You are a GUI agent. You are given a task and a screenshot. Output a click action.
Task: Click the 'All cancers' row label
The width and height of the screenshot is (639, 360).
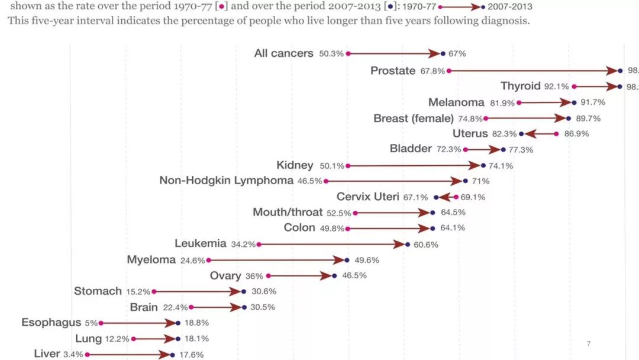click(283, 53)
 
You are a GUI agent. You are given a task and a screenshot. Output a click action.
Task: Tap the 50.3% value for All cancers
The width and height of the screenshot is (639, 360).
click(331, 54)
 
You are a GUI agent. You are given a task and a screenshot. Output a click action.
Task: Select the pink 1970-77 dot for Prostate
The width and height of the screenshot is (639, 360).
click(449, 70)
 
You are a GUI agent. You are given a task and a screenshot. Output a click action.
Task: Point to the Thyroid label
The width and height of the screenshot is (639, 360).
click(520, 86)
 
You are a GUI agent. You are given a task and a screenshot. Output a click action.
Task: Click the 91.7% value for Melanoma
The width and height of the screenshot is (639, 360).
click(593, 102)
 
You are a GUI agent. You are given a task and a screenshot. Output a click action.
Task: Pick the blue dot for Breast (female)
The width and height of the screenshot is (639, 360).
click(569, 118)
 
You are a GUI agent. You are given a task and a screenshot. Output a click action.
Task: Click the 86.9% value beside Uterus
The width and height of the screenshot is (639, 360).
click(576, 134)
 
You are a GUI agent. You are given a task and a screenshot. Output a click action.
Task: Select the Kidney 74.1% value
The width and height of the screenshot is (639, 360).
click(501, 166)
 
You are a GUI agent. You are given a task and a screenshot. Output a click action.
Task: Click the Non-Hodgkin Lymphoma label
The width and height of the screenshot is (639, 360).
click(226, 181)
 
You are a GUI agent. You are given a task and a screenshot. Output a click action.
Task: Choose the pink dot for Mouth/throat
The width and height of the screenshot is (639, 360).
click(355, 213)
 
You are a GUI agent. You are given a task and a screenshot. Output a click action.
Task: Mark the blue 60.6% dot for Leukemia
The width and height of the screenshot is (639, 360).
click(407, 244)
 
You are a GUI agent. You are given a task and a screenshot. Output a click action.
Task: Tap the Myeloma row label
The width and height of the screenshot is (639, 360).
click(151, 260)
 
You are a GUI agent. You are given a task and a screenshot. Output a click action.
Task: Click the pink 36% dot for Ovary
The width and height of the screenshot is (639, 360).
click(269, 276)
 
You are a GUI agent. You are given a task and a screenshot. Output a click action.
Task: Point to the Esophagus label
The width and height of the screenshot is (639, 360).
click(51, 323)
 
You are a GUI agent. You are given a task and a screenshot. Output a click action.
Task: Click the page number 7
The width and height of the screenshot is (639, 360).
click(588, 343)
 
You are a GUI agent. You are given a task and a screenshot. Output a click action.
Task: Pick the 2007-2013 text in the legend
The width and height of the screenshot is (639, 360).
click(509, 7)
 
